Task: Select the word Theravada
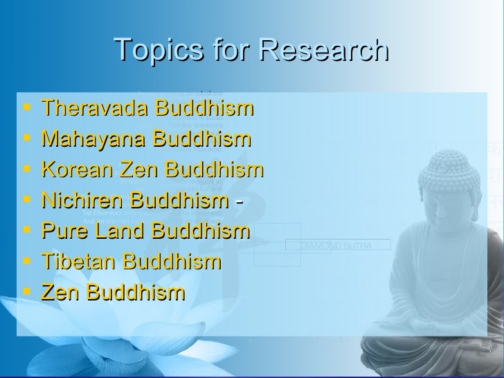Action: [95, 109]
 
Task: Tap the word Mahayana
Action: [94, 140]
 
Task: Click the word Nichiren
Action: [84, 201]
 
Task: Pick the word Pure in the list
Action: [62, 231]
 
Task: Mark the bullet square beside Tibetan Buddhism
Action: [27, 262]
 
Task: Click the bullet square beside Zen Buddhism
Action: [27, 292]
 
